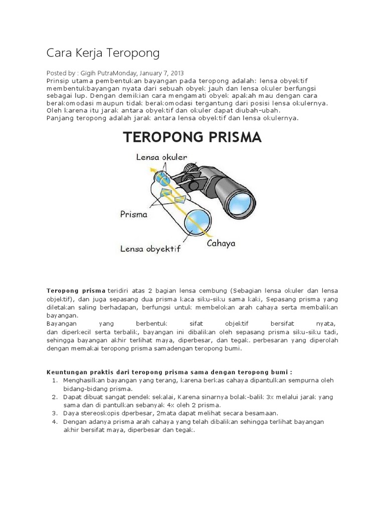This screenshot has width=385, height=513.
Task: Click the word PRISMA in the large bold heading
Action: point(230,137)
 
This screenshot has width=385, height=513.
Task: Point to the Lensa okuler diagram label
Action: point(157,157)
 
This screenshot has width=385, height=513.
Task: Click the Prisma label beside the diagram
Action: point(134,214)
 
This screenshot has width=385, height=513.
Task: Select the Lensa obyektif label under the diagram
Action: point(149,248)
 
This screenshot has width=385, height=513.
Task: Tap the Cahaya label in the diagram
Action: point(221,244)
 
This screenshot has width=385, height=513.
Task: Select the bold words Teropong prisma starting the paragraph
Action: point(76,291)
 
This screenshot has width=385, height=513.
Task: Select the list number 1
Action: point(54,380)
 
